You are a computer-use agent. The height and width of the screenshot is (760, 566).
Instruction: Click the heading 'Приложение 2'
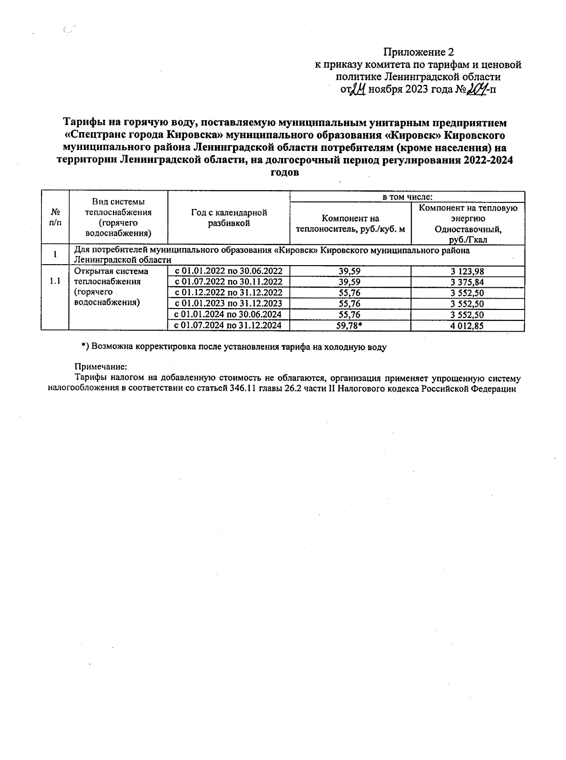(x=418, y=52)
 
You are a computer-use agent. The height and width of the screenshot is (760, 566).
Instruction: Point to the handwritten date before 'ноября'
(x=357, y=89)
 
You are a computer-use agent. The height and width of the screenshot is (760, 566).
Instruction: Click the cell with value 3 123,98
(x=467, y=271)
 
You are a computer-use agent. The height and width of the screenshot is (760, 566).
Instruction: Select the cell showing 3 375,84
(x=467, y=282)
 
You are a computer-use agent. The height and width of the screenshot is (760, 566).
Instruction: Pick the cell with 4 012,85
(x=467, y=326)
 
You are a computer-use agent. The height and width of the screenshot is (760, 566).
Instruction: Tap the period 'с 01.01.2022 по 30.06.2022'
(x=228, y=271)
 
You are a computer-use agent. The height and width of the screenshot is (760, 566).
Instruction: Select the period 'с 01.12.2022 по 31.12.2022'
(x=228, y=293)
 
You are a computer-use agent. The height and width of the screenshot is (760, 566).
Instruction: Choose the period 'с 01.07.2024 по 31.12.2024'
(x=228, y=326)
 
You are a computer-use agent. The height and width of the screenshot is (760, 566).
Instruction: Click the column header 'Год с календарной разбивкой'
(x=229, y=218)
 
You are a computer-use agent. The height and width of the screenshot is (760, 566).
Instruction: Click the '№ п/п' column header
(x=55, y=218)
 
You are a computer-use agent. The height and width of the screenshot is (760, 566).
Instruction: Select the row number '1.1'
(x=55, y=282)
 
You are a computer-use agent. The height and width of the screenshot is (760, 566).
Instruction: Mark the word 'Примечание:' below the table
(x=101, y=367)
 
